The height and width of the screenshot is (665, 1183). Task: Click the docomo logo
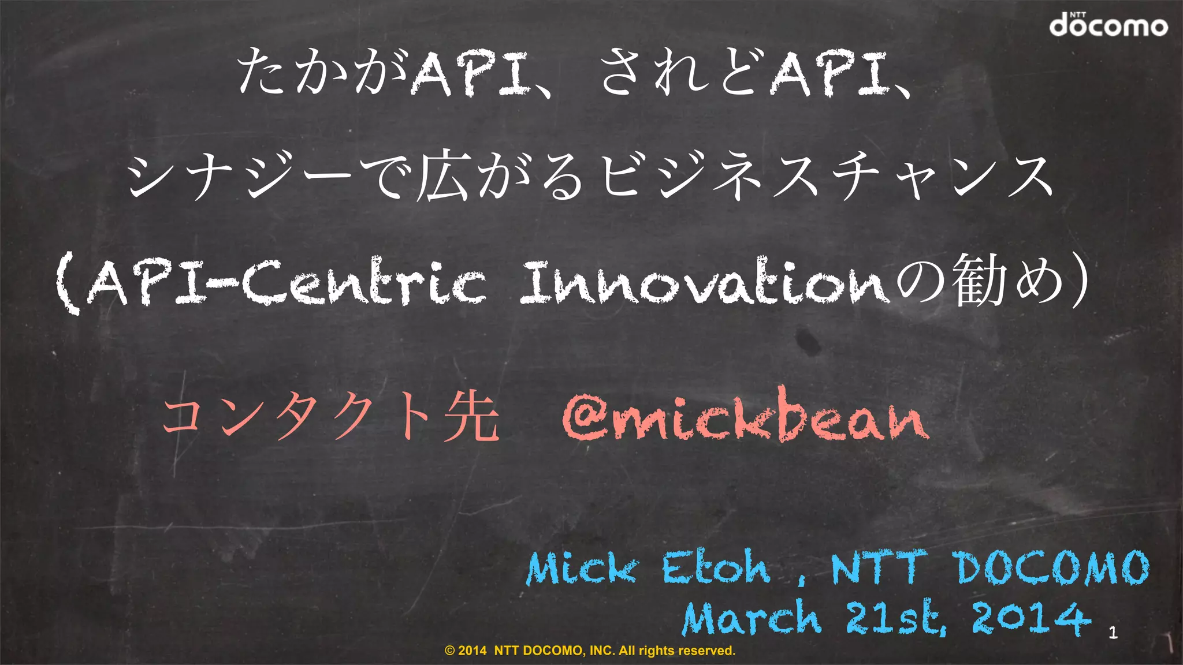[x=1108, y=25]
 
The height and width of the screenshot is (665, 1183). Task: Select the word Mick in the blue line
[x=582, y=569]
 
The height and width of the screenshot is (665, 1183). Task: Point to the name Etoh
[x=716, y=567]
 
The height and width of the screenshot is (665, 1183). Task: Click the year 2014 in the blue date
[x=1032, y=617]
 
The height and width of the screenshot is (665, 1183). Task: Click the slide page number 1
[x=1113, y=633]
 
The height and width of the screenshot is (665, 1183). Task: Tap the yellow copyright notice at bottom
[x=590, y=651]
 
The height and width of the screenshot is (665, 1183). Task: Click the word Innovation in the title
[x=705, y=283]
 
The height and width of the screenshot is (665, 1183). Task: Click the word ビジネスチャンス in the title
[x=826, y=176]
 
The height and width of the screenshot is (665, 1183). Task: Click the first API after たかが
[x=470, y=74]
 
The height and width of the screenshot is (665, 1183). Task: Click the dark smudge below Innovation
[x=806, y=341]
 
